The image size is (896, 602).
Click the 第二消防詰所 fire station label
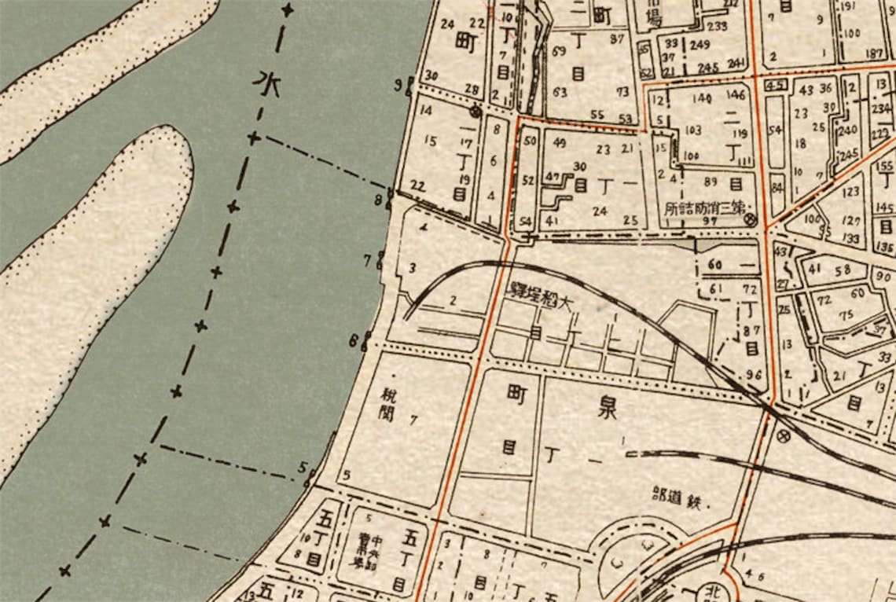click(703, 209)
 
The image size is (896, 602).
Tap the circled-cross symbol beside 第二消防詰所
click(750, 221)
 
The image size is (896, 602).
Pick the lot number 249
click(700, 45)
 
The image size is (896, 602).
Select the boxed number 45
click(775, 85)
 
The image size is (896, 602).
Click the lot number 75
click(846, 315)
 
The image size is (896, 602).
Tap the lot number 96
click(754, 374)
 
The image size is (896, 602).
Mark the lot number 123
click(851, 191)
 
